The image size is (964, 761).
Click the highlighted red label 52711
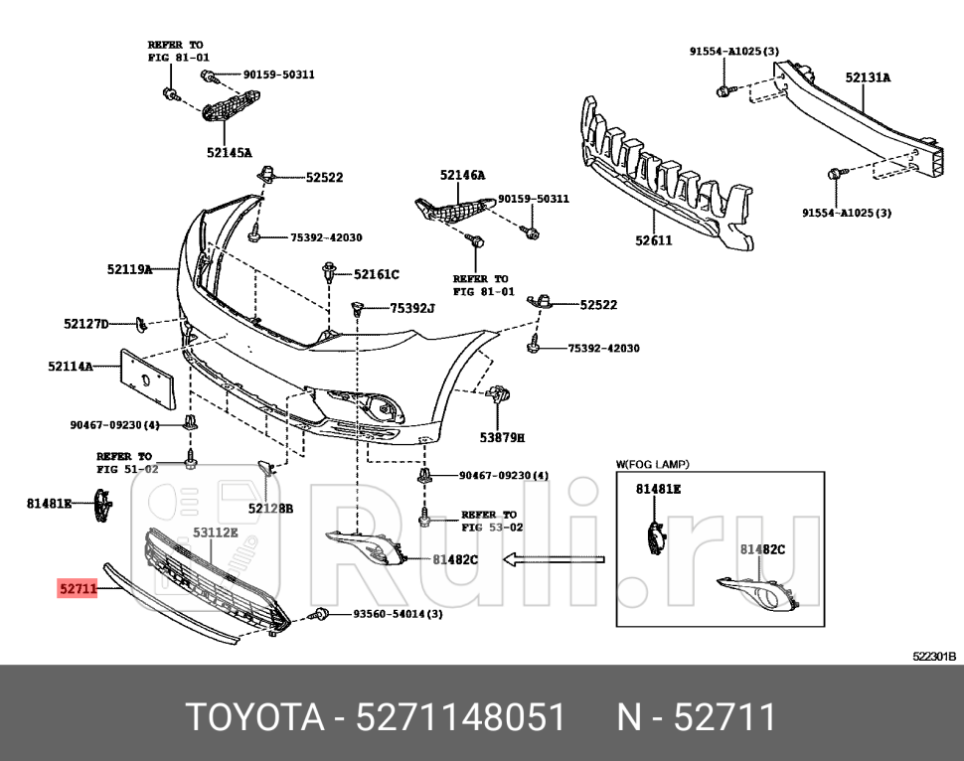77,588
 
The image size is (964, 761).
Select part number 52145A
230,153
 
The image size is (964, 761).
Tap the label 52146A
462,175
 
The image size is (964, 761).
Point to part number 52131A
869,76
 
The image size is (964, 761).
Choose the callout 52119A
129,269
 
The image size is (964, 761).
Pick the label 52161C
376,274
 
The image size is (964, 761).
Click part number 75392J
412,308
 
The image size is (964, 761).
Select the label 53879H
502,436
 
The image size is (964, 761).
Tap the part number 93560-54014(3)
398,614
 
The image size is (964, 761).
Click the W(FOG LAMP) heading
653,464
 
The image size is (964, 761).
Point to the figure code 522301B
933,657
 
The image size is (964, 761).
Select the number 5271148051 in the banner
463,716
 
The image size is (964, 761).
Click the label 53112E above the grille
216,533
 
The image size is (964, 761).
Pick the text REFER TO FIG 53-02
489,522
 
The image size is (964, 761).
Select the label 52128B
270,508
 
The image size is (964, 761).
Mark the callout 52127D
86,324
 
